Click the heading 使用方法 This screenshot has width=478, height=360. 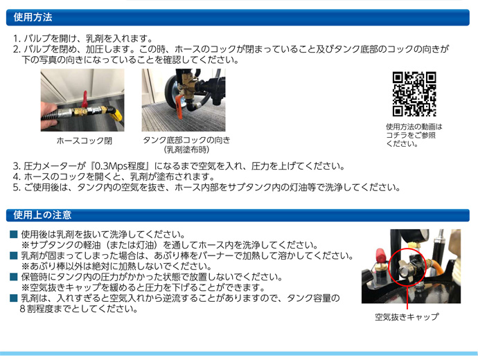[x=33, y=17]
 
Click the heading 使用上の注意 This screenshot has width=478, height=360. [x=42, y=215]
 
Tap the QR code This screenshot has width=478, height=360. [x=414, y=93]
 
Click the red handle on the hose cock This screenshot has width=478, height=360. [x=85, y=98]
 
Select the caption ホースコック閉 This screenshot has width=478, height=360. [x=85, y=141]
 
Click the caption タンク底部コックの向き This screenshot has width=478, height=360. [x=186, y=140]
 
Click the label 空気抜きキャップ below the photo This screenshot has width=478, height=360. [x=407, y=317]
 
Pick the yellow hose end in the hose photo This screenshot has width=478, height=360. [x=116, y=114]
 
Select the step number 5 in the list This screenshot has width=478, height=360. [x=16, y=188]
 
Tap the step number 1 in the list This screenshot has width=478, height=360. [x=16, y=39]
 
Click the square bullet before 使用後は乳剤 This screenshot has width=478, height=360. [x=13, y=235]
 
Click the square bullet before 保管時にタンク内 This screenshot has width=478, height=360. [x=13, y=277]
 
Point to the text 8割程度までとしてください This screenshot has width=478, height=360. [x=79, y=309]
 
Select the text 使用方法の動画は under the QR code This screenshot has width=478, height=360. [x=414, y=127]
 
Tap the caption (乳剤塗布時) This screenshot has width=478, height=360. [x=186, y=150]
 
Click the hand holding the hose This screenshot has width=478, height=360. [x=48, y=113]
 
